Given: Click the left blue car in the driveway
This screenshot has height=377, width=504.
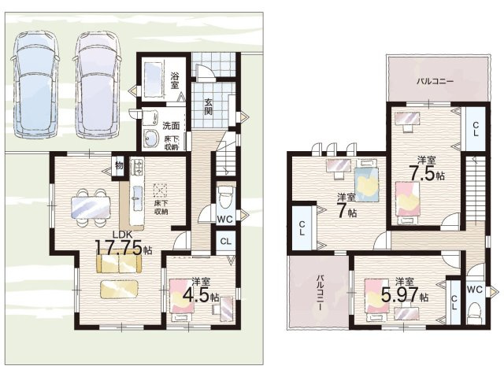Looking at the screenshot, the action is [x=35, y=85].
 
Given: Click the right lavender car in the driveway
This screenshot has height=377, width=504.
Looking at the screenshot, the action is [x=98, y=85].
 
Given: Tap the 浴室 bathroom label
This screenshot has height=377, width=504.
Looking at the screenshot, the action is [x=175, y=80].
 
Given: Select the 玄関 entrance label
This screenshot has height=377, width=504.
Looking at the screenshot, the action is [x=208, y=106].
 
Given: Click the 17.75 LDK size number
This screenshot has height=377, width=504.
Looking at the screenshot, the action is [x=119, y=247].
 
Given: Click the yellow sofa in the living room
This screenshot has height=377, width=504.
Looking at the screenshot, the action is [x=119, y=264].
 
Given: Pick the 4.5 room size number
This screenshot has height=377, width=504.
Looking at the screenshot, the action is [x=196, y=295].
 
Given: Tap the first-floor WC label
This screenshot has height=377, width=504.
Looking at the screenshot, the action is [x=224, y=220].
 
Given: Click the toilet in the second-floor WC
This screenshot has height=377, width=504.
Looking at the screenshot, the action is [x=474, y=314].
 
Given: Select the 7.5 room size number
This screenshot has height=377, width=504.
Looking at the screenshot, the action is [x=422, y=174].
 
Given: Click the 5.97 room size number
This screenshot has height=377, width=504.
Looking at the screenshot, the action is [x=400, y=294].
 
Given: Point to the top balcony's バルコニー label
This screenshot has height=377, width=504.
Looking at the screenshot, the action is [x=435, y=81].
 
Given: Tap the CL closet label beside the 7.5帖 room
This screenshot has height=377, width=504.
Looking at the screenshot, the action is [x=475, y=129].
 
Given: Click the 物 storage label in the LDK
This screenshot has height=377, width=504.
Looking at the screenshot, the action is [x=119, y=166].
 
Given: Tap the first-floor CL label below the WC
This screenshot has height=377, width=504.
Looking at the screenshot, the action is [x=226, y=241].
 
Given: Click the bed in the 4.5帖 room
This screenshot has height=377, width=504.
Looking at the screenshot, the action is [x=181, y=300].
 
